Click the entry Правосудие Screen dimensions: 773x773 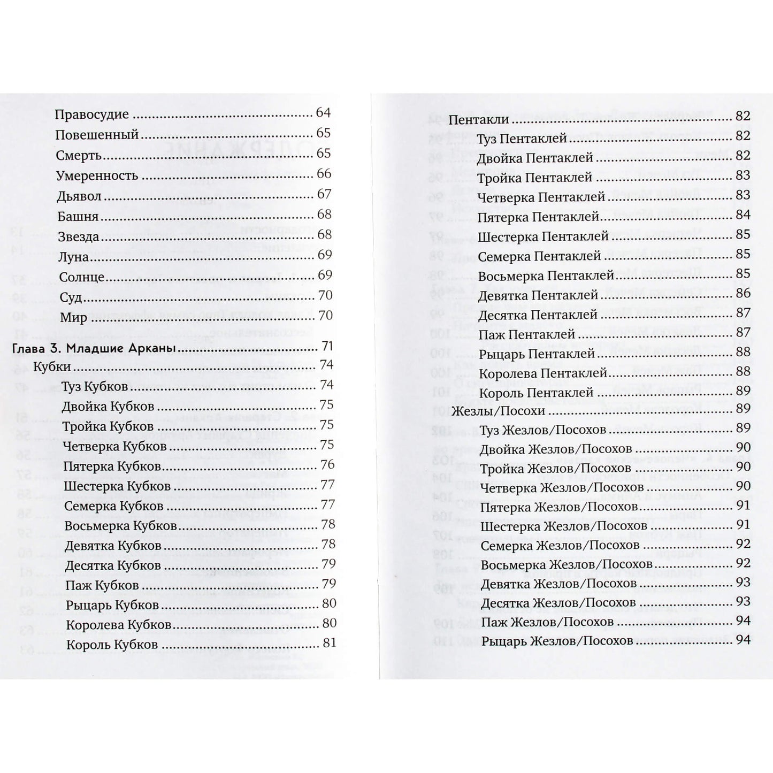92,114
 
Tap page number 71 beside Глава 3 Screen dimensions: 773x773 327,346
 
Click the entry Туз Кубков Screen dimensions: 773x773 95,387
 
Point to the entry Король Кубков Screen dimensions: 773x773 112,645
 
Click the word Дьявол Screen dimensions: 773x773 79,196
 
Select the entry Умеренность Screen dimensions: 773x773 97,176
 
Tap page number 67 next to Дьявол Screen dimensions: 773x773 324,194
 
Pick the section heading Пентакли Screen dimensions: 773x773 478,120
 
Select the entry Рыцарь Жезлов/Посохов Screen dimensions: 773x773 557,641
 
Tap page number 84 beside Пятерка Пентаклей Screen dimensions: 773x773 743,215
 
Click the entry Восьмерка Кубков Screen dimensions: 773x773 120,526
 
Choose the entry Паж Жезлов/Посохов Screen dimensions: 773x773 547,622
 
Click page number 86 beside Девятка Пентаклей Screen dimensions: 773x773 743,293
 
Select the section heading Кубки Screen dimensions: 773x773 51,368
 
